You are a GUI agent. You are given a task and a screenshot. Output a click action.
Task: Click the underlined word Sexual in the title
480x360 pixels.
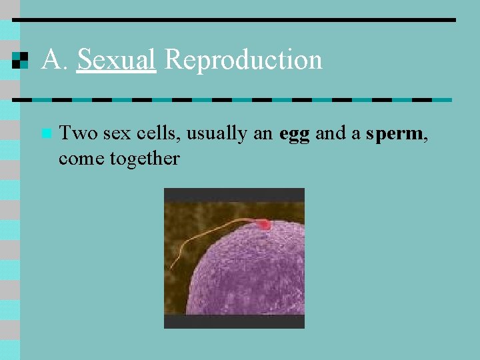(117, 60)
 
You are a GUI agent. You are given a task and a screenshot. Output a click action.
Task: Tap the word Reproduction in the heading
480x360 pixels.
(243, 60)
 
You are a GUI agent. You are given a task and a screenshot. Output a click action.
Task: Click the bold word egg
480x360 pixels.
(294, 134)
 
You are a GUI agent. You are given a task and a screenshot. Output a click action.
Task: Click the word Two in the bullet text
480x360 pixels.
(78, 133)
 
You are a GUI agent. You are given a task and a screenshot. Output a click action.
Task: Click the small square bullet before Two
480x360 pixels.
(45, 133)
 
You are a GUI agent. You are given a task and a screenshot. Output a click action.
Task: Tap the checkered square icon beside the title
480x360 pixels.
(21, 60)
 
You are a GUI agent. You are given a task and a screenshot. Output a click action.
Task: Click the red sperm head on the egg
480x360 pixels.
(264, 225)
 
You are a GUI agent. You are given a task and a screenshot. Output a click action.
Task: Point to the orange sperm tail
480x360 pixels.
(200, 237)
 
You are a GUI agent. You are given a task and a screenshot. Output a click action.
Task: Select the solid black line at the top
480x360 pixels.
(233, 19)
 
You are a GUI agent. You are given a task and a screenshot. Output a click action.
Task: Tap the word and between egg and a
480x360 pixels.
(330, 133)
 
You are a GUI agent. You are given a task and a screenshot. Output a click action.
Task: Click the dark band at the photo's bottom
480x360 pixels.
(234, 321)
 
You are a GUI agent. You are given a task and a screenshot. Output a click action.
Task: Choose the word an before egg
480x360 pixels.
(263, 133)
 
